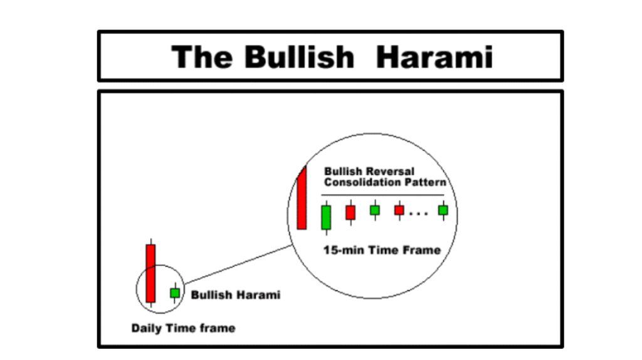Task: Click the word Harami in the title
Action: click(x=434, y=57)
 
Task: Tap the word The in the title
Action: click(x=202, y=57)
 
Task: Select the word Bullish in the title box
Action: click(x=299, y=57)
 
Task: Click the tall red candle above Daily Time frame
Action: click(x=150, y=273)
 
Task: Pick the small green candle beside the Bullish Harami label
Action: click(x=175, y=293)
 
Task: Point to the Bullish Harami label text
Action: click(x=236, y=295)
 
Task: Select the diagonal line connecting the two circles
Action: click(x=238, y=265)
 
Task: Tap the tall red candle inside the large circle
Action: click(x=302, y=198)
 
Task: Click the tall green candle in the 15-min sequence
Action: click(x=326, y=218)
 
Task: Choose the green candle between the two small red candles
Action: click(x=375, y=210)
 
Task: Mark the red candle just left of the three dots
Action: click(x=399, y=211)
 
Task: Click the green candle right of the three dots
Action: click(x=443, y=211)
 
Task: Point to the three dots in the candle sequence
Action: click(x=419, y=214)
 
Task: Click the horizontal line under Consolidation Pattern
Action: click(x=383, y=195)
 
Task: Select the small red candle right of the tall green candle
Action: click(x=350, y=213)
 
